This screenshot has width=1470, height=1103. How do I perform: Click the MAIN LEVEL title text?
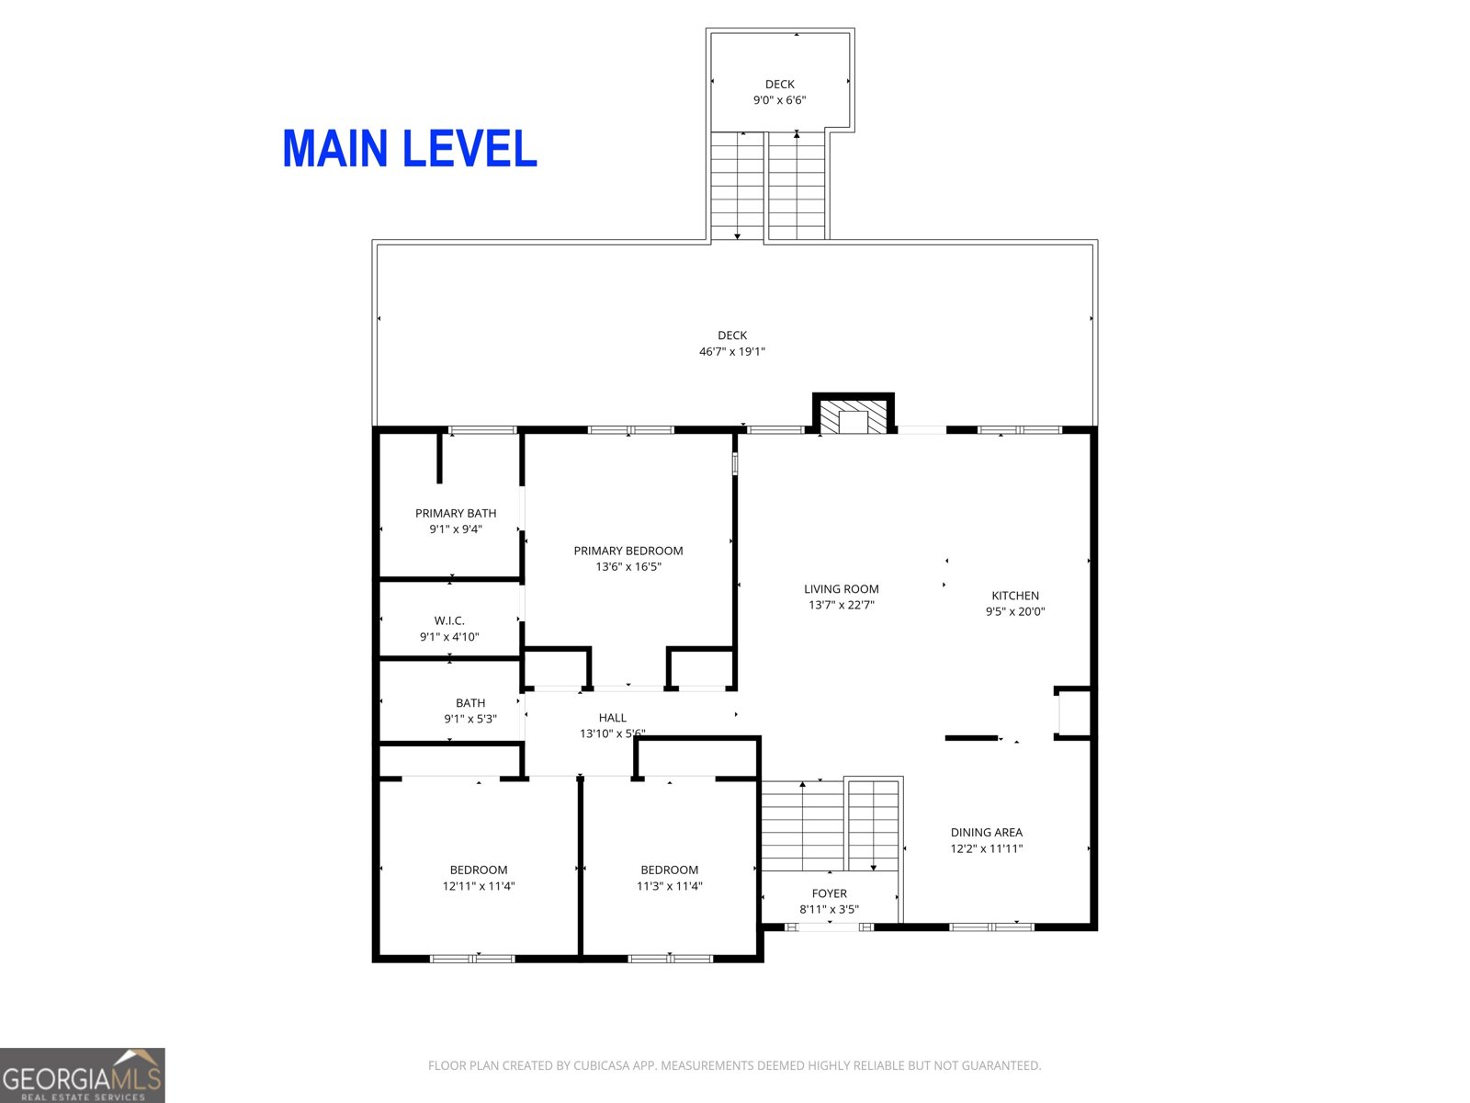[x=410, y=149]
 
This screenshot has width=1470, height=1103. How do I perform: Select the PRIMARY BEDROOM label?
[x=628, y=551]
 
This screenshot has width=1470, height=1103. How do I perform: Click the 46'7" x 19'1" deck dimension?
[x=732, y=351]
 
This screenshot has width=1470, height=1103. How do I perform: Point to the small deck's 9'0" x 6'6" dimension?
[x=780, y=100]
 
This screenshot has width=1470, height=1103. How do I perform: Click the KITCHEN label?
[x=1015, y=596]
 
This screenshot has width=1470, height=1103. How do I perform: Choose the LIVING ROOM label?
[x=842, y=589]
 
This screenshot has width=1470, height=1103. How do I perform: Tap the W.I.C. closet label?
[x=449, y=620]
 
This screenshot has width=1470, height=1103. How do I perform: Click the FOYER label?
[x=830, y=893]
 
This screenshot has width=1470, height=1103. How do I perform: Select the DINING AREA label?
[x=987, y=833]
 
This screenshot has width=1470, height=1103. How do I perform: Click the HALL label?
[x=613, y=718]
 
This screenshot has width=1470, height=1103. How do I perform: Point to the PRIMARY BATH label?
[x=456, y=513]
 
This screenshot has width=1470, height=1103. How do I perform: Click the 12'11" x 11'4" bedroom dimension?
[x=479, y=886]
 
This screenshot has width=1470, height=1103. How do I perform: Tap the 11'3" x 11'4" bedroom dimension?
[x=670, y=886]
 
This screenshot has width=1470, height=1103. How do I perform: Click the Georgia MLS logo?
[x=83, y=1075]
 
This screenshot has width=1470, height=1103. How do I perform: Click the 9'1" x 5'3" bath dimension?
[x=470, y=719]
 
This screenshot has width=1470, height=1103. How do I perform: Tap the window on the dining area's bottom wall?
[x=991, y=927]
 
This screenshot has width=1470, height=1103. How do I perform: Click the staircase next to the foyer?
[x=830, y=824]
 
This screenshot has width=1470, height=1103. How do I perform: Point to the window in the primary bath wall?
[x=482, y=430]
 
